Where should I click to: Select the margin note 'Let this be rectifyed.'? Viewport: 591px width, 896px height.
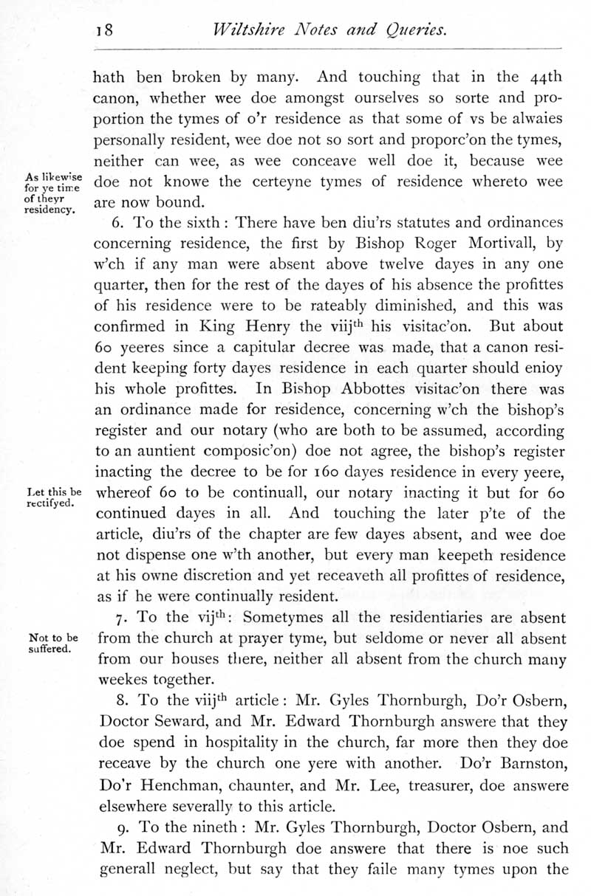click(53, 498)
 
